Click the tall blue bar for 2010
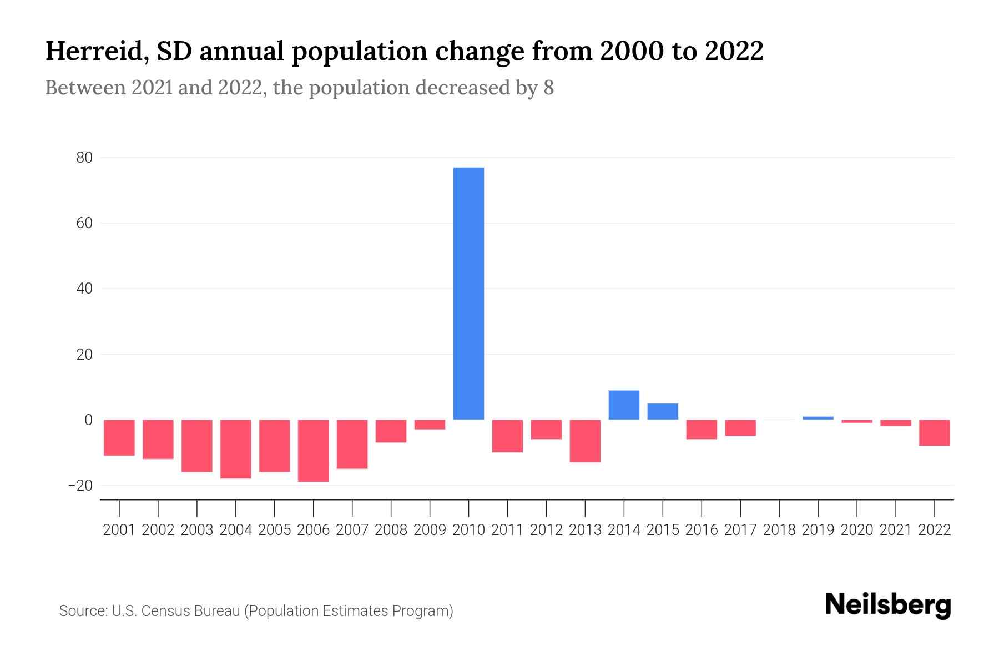click(x=468, y=293)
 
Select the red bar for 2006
click(x=313, y=450)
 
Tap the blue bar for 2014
click(x=624, y=405)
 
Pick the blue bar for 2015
click(x=663, y=411)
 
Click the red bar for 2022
click(x=935, y=432)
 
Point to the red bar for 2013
click(x=585, y=441)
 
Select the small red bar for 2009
click(x=430, y=425)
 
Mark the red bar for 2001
click(x=119, y=437)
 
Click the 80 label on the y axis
click(x=84, y=158)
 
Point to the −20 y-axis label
click(x=80, y=486)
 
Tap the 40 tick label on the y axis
click(x=84, y=289)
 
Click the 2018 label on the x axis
click(x=779, y=530)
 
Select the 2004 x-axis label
click(x=236, y=530)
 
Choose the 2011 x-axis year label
click(x=507, y=530)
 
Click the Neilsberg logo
click(x=888, y=606)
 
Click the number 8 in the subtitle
click(x=548, y=88)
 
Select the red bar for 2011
click(x=507, y=436)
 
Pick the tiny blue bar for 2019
click(x=818, y=418)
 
